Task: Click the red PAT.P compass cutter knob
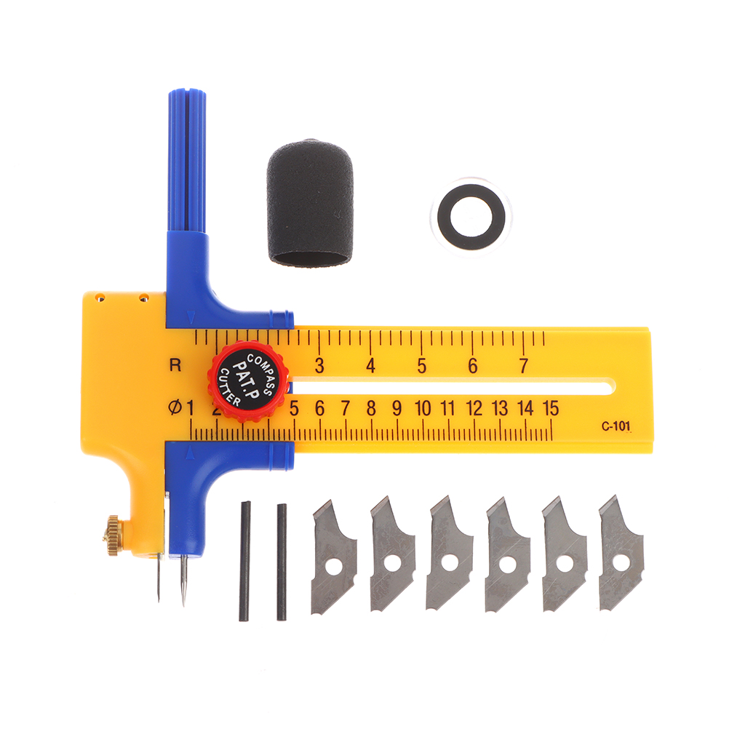(248, 381)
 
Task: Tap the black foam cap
(310, 203)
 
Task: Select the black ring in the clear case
(471, 217)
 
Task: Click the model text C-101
(616, 426)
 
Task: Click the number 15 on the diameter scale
(550, 408)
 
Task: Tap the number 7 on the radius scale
(524, 365)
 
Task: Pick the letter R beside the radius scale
(175, 365)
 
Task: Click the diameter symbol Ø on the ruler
(175, 408)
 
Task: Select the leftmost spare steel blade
(334, 557)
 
